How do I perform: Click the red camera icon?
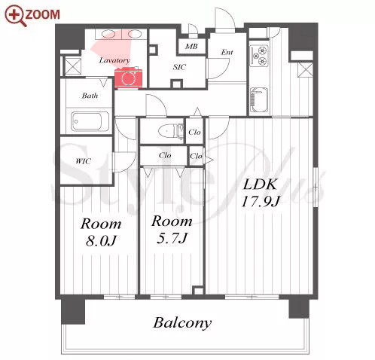[129, 78]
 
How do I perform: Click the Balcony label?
[182, 323]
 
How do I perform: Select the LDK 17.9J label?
[261, 193]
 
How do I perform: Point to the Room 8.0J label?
[101, 233]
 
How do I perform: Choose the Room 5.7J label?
[172, 230]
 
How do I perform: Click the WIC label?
[83, 161]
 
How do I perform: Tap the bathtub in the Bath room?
[90, 121]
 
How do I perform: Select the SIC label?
[179, 67]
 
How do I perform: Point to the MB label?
[191, 47]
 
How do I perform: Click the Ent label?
[227, 52]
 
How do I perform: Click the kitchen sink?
[259, 100]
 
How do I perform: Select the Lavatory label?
[114, 60]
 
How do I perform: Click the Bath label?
[90, 96]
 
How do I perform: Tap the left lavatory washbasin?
[108, 34]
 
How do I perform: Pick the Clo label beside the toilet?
[194, 132]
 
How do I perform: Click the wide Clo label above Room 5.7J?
[165, 155]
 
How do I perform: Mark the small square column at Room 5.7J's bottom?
[198, 291]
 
